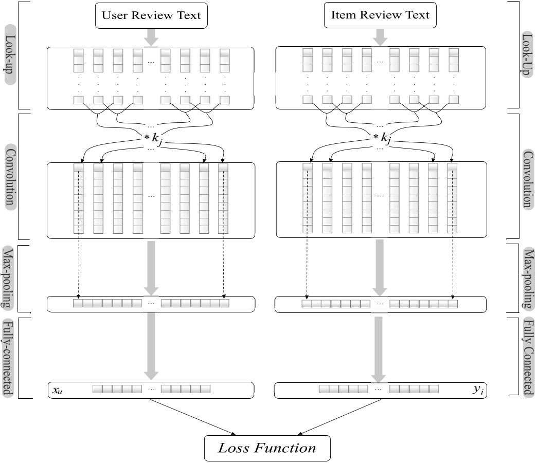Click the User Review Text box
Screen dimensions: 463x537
click(x=151, y=15)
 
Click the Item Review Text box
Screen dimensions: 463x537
click(x=380, y=15)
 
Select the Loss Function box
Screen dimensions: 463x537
click(x=267, y=448)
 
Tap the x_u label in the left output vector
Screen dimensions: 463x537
click(x=57, y=390)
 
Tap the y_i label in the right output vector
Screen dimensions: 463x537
click(x=478, y=390)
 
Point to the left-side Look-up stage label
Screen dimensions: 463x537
click(x=9, y=54)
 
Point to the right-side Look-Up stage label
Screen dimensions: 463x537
click(x=527, y=54)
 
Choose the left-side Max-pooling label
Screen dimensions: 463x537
click(x=9, y=277)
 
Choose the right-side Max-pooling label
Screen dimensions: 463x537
click(x=527, y=277)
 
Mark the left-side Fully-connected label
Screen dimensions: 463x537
click(x=9, y=358)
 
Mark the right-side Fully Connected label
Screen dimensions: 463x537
click(x=527, y=358)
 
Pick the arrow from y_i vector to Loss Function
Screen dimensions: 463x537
click(x=340, y=417)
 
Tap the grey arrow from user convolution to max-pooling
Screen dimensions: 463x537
click(x=151, y=267)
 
